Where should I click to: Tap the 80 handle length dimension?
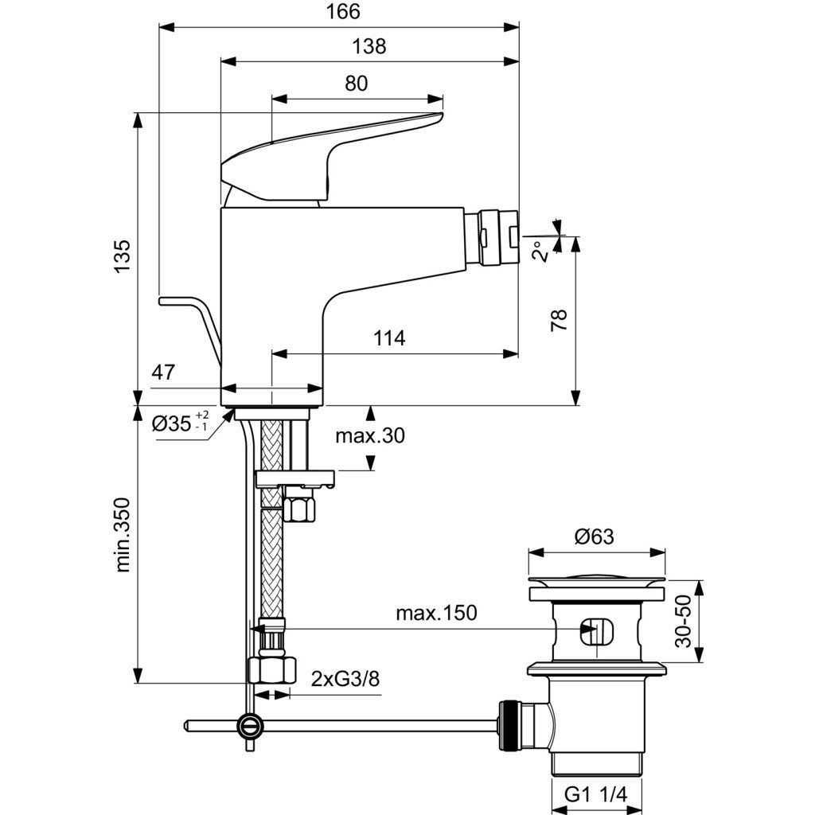pyautogui.click(x=357, y=84)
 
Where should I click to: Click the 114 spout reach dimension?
pyautogui.click(x=390, y=338)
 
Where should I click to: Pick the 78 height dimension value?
pyautogui.click(x=559, y=320)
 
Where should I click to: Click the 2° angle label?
pyautogui.click(x=540, y=251)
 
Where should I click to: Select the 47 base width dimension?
pyautogui.click(x=163, y=371)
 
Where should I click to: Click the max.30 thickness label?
pyautogui.click(x=370, y=435)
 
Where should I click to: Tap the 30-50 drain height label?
pyautogui.click(x=683, y=622)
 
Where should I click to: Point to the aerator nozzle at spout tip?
pyautogui.click(x=497, y=236)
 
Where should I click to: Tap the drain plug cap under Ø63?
pyautogui.click(x=597, y=579)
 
